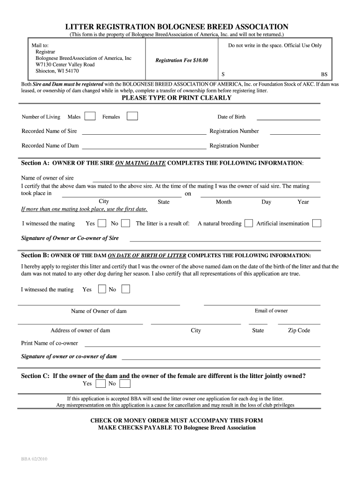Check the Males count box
point(91,116)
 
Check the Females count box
point(132,116)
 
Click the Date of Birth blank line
point(288,120)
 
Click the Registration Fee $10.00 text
point(182,60)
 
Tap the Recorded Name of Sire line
point(144,134)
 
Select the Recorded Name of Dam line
point(144,148)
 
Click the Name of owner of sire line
point(206,181)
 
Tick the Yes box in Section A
point(101,223)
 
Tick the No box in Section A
point(126,223)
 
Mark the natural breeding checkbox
point(249,223)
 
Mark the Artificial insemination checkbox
point(317,223)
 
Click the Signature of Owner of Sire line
point(225,240)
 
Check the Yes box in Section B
point(101,290)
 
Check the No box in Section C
point(124,384)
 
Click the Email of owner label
point(271,311)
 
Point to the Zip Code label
point(299,330)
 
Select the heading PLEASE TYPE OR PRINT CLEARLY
point(177,98)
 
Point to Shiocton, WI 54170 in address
point(58,71)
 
